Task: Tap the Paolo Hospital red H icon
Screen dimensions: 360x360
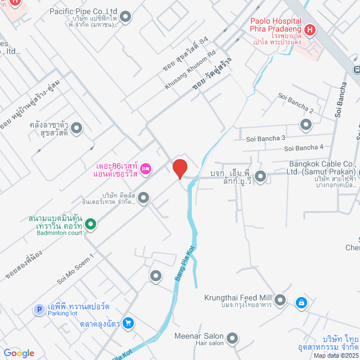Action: point(309,30)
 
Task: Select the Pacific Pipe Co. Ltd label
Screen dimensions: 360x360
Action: point(83,11)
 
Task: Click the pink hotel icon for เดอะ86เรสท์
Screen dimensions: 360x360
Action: point(146,168)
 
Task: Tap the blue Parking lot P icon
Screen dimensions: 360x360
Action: point(39,309)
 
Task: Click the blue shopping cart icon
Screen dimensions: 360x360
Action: point(128,323)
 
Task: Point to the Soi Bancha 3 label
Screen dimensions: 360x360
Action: point(265,138)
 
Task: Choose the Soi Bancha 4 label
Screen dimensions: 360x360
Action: point(304,148)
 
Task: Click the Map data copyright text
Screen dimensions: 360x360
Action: point(335,355)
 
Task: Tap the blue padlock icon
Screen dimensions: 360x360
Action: point(301,303)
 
